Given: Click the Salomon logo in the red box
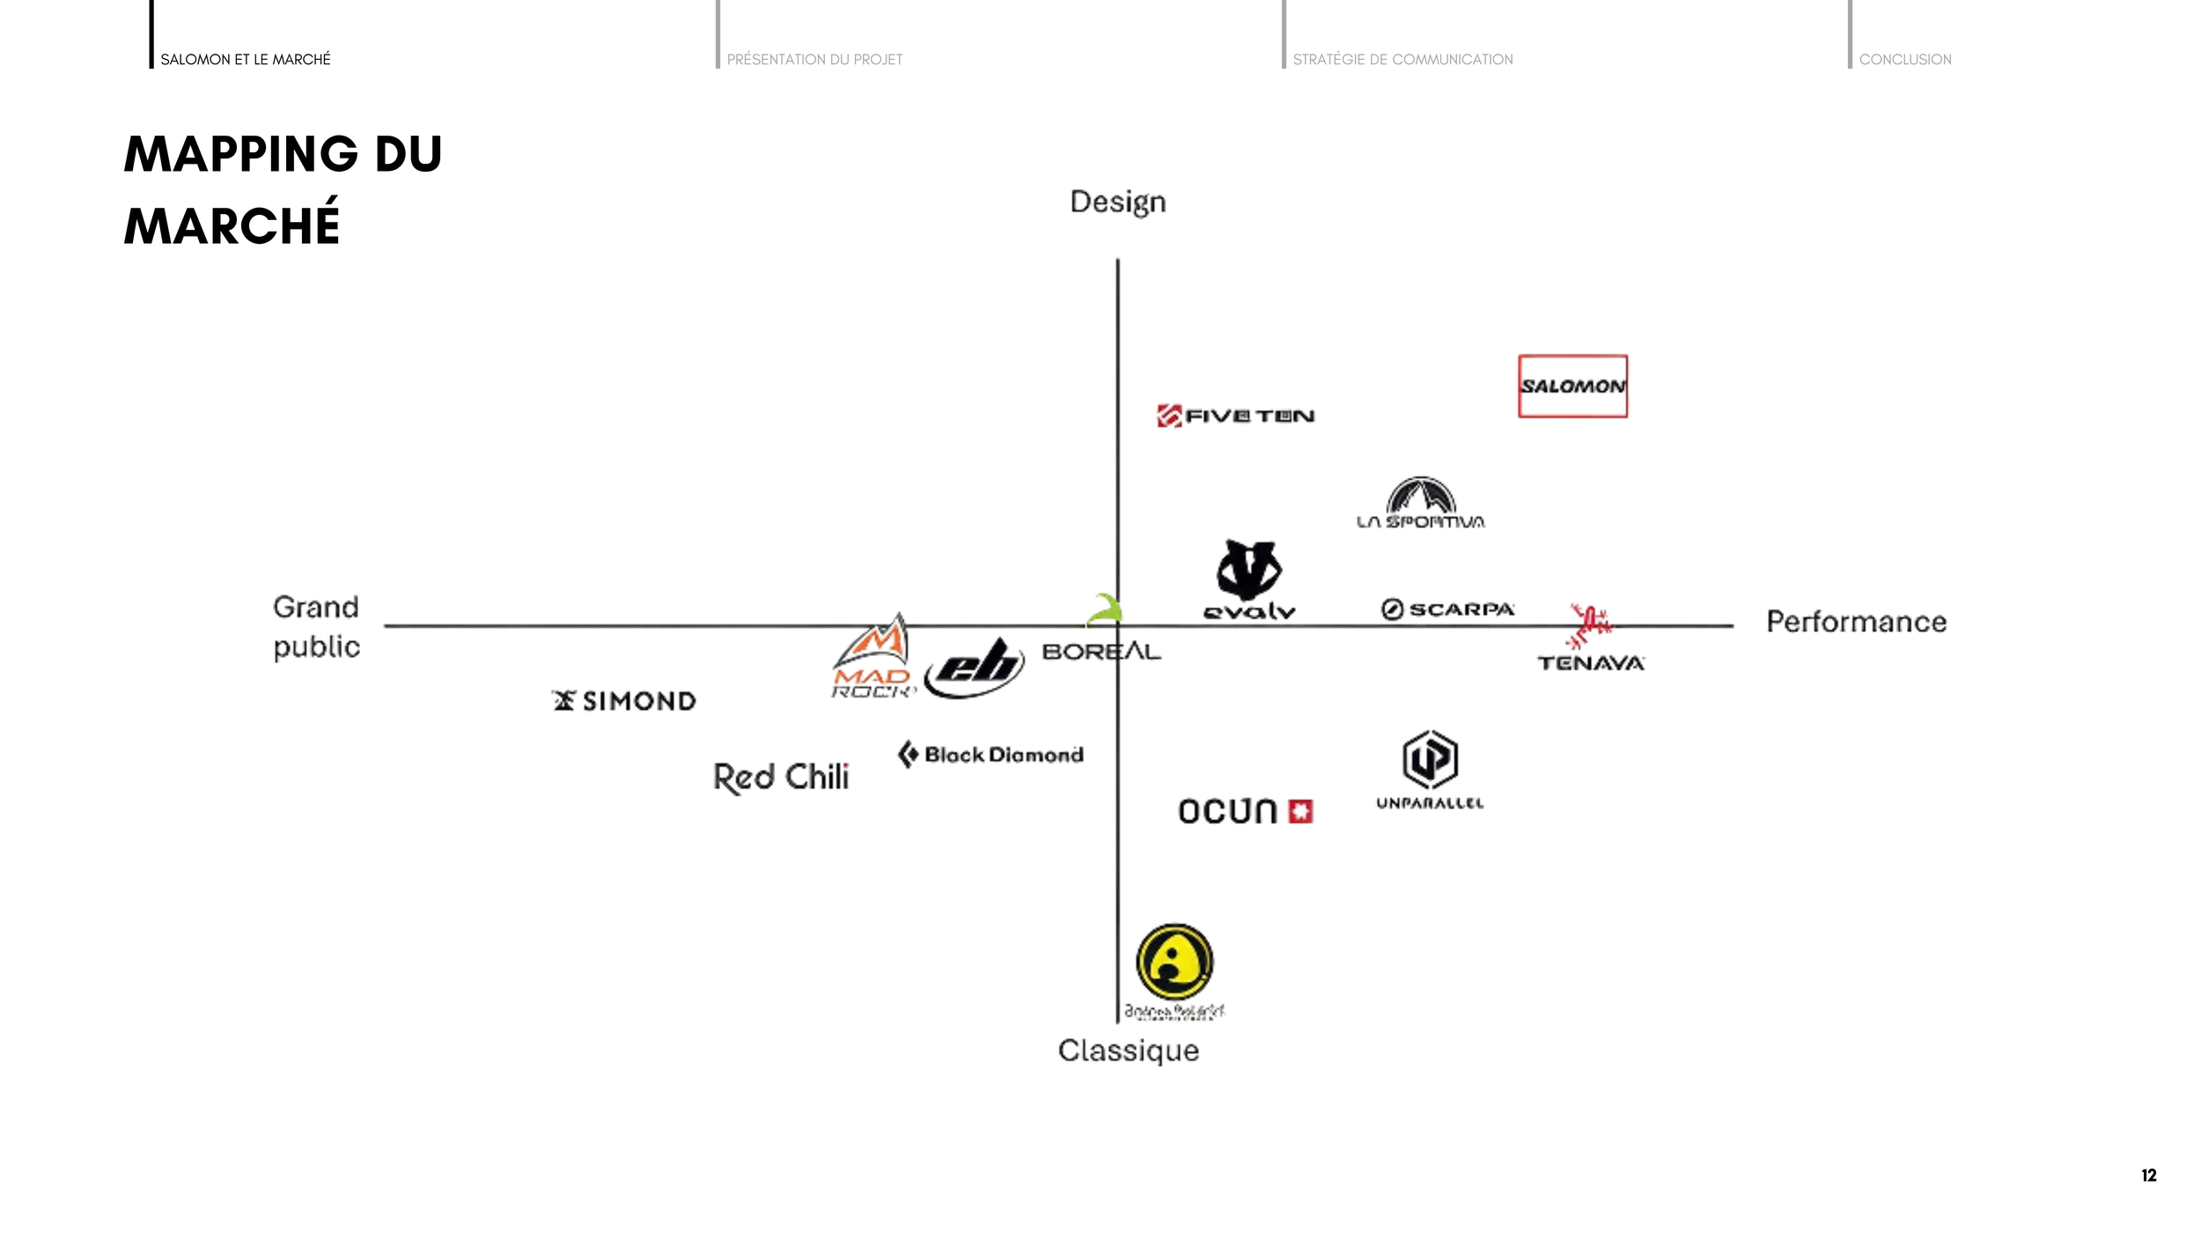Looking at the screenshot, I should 1572,386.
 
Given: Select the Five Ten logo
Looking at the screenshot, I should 1236,416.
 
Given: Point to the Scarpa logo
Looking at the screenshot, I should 1447,609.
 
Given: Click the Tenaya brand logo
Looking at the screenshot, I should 1591,639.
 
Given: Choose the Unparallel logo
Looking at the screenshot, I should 1430,770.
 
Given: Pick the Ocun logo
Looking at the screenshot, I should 1245,811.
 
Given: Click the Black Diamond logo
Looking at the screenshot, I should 991,755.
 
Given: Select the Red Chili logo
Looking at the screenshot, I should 781,777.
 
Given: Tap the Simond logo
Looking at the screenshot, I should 624,701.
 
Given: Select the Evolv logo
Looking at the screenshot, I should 1249,580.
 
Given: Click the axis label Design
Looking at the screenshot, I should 1118,203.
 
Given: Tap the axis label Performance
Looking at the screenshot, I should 1856,622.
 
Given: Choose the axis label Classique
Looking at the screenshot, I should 1129,1050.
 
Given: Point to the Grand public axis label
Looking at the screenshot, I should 317,627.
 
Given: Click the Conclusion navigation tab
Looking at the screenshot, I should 1904,59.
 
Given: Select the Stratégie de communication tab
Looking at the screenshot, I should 1402,59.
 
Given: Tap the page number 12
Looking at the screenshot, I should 2148,1175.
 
